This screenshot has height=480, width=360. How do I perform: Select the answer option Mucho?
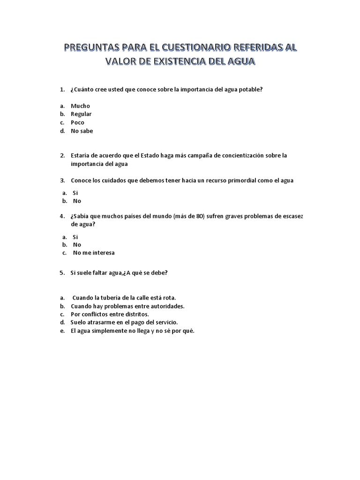(80, 106)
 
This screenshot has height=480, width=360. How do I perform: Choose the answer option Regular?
(81, 114)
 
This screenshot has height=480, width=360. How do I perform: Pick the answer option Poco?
(77, 123)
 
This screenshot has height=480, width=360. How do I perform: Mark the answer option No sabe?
(82, 131)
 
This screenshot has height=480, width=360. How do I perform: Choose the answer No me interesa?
(94, 253)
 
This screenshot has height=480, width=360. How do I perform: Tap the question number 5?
(62, 273)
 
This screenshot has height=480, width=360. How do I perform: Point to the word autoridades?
(166, 306)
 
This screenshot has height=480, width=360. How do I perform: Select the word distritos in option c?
(135, 315)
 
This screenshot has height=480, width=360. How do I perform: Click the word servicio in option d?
(165, 323)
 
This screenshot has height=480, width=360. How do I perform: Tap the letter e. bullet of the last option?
(62, 331)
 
